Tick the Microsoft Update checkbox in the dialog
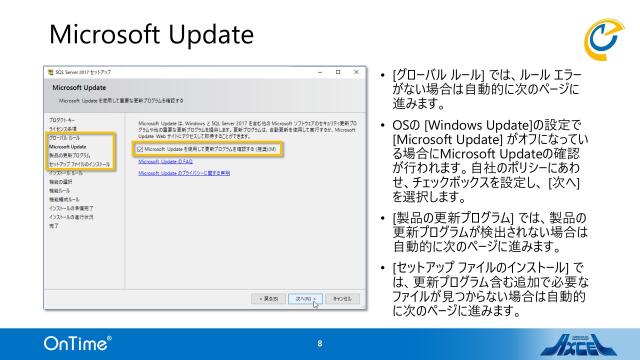139,148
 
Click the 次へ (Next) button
307,298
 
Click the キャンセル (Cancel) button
341,298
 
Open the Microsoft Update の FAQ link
166,161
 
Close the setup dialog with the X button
354,73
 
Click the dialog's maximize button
339,73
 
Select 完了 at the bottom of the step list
54,227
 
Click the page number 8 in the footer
320,343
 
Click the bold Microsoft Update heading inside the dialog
80,88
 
